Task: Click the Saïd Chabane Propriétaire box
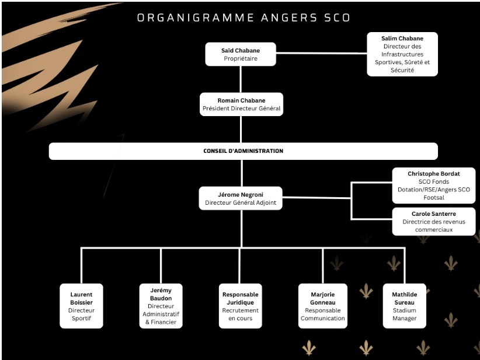[241, 54]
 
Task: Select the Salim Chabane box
[402, 54]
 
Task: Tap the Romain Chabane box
[241, 104]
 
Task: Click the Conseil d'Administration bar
[243, 151]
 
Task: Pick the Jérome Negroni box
[241, 198]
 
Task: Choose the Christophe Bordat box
[433, 186]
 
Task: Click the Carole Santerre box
[433, 221]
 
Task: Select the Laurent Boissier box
[81, 306]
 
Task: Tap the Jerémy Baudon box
[161, 306]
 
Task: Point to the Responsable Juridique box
[240, 306]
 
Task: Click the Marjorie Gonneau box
[322, 306]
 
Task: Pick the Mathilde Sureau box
[404, 306]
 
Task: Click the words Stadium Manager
[404, 314]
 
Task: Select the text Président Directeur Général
[241, 109]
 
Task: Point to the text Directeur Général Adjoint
[241, 203]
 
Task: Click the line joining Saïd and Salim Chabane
[321, 54]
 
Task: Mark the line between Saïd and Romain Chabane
[241, 79]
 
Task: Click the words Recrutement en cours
[240, 314]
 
